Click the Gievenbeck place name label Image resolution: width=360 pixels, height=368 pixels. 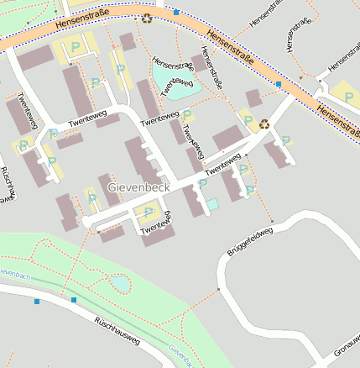(138, 187)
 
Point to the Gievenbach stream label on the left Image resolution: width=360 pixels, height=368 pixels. (14, 274)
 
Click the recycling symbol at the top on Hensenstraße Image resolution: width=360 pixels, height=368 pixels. (147, 18)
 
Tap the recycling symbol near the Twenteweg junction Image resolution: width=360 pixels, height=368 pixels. (264, 124)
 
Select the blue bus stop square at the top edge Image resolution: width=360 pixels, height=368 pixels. (176, 12)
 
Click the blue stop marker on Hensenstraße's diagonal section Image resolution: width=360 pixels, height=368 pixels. (279, 85)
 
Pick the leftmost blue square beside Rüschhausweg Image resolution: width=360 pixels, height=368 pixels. (37, 301)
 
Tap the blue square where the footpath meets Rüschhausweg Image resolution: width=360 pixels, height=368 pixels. (74, 299)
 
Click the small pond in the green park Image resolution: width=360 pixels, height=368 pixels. (121, 284)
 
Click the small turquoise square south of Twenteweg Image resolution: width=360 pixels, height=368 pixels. (213, 203)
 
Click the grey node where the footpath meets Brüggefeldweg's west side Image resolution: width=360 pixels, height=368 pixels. (219, 290)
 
